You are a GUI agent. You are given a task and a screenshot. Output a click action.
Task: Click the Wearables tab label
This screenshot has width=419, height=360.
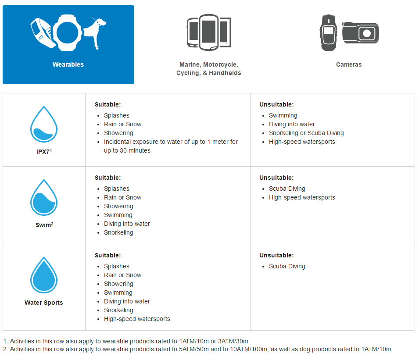click(x=68, y=64)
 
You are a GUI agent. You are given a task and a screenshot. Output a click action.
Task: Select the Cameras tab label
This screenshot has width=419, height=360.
click(x=349, y=64)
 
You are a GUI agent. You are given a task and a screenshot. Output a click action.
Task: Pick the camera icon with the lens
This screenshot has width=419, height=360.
click(x=361, y=33)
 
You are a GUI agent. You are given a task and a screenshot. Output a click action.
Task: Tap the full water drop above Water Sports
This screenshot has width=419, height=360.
click(x=44, y=275)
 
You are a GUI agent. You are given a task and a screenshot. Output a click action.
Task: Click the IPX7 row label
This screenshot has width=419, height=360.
click(x=43, y=152)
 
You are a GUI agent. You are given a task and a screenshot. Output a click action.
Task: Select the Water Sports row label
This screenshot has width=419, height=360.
click(x=44, y=303)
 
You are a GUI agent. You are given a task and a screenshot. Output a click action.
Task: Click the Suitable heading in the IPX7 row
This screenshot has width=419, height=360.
click(x=107, y=104)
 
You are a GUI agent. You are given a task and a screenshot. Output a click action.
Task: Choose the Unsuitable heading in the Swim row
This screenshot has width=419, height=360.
click(x=276, y=178)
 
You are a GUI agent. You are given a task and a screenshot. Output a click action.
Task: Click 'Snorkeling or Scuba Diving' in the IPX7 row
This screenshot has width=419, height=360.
click(x=306, y=133)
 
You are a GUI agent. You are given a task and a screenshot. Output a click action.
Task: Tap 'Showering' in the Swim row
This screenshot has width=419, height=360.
click(x=118, y=206)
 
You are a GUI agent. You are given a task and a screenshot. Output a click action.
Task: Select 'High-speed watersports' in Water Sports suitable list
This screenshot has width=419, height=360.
click(x=137, y=319)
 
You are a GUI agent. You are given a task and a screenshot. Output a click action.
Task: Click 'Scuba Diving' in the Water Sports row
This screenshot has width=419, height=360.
click(x=287, y=266)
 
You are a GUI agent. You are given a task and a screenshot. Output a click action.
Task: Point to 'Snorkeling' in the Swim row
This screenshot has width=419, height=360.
click(x=118, y=232)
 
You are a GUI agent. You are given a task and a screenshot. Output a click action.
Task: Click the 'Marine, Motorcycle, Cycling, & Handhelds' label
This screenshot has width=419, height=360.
click(x=209, y=69)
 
